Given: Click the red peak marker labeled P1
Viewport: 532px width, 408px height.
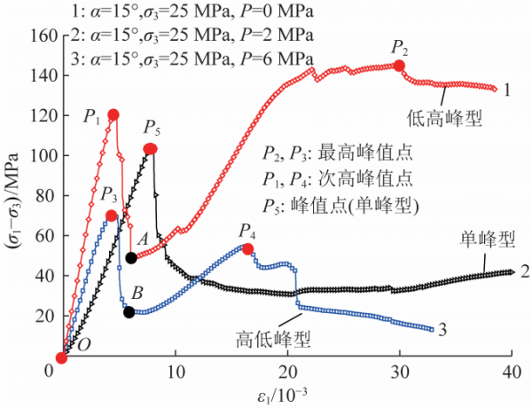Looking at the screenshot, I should click(x=113, y=114).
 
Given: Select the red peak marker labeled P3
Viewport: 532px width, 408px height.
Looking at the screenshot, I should click(x=111, y=216).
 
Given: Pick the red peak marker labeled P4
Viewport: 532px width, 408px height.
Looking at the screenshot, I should click(x=248, y=248).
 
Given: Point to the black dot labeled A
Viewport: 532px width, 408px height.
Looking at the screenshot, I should click(x=131, y=257).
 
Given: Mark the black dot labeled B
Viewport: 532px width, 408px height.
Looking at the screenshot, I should click(x=129, y=311).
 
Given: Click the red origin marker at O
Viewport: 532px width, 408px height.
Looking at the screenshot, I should click(x=61, y=357).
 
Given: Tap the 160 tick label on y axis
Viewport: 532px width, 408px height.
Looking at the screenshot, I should click(x=40, y=36).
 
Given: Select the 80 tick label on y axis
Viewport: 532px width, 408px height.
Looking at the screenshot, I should click(x=44, y=195).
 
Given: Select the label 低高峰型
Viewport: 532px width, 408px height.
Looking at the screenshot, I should click(x=443, y=115).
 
